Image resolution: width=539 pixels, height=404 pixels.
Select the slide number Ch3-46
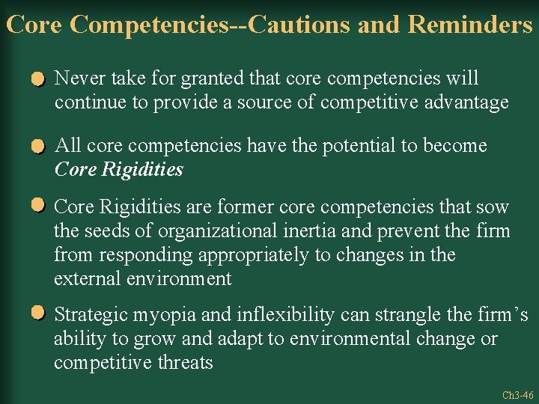(x=517, y=394)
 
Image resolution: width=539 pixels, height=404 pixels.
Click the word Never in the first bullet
(x=79, y=79)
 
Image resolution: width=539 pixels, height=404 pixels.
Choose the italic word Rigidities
(x=143, y=170)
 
